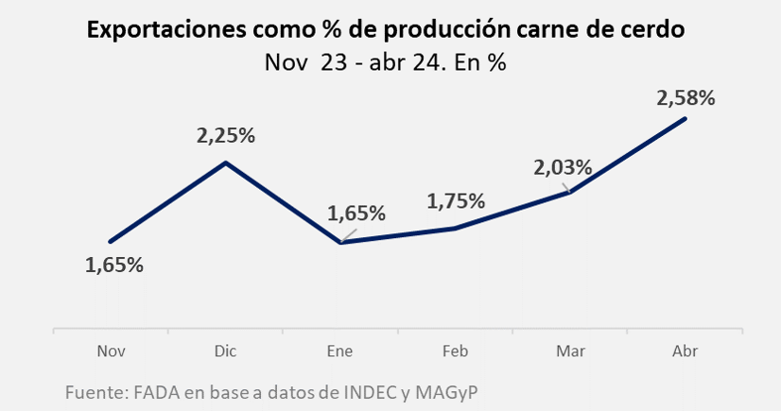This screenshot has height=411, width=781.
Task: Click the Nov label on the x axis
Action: [x=112, y=351]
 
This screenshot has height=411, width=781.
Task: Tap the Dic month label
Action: [x=226, y=351]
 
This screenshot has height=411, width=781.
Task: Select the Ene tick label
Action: [x=340, y=351]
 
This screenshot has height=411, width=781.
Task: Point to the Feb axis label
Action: [x=456, y=351]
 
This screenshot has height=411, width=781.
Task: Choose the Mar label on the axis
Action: [x=570, y=351]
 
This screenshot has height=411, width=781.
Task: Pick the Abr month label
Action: [x=685, y=351]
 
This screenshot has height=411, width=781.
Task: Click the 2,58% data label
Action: [x=685, y=97]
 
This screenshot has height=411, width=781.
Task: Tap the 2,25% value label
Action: [x=226, y=135]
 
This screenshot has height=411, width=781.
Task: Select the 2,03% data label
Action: [x=563, y=168]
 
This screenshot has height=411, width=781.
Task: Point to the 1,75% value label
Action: [x=456, y=201]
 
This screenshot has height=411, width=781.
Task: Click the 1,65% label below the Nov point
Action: [x=113, y=265]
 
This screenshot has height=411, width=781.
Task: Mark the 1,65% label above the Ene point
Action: [x=356, y=213]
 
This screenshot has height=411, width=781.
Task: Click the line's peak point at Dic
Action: [x=226, y=163]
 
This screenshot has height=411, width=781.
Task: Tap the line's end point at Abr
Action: [x=685, y=118]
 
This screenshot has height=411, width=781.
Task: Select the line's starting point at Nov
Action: [x=111, y=242]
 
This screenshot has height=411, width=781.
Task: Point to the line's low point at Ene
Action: [x=340, y=243]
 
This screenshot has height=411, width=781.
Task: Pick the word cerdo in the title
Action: [x=654, y=30]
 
